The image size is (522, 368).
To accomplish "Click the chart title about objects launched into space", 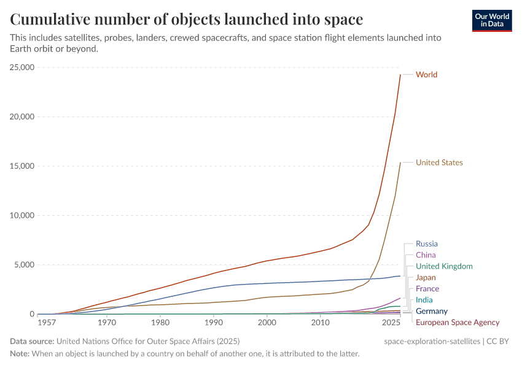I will coord(186,20).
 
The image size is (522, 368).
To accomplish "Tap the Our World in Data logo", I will coord(491,20).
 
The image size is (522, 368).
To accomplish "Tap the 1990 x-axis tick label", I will coord(213,322).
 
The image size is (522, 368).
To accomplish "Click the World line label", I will coord(426,75).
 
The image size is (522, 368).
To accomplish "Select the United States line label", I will coord(439,163).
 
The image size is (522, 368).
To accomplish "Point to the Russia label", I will coord(427,244).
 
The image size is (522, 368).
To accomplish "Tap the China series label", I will coord(426,255).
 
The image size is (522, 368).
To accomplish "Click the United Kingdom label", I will coord(444,266).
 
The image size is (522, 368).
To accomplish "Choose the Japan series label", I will coord(426,277).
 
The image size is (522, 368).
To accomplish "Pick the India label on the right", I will coord(424,300).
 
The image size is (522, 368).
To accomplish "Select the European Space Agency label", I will coord(458,322).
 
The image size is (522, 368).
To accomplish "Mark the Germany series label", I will coord(432,311).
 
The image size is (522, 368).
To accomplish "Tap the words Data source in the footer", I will coord(32,341).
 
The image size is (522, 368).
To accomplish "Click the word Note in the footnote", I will coord(20,354).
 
